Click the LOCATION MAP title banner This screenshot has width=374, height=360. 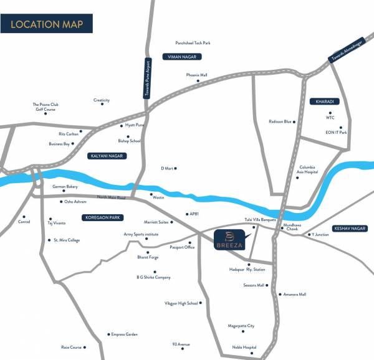click(48, 26)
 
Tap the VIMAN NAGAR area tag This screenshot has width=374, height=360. click(180, 57)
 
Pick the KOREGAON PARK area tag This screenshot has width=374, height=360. click(102, 217)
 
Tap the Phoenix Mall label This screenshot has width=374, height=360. click(196, 75)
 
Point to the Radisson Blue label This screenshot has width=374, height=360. click(280, 121)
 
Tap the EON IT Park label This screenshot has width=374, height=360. click(335, 133)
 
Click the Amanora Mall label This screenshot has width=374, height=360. click(294, 294)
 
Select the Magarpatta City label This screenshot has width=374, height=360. click(241, 326)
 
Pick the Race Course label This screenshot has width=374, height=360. click(71, 347)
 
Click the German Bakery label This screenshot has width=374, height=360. click(64, 186)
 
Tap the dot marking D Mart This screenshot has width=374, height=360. click(176, 168)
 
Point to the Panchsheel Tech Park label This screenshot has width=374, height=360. click(193, 43)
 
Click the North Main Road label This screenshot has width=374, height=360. click(111, 197)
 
